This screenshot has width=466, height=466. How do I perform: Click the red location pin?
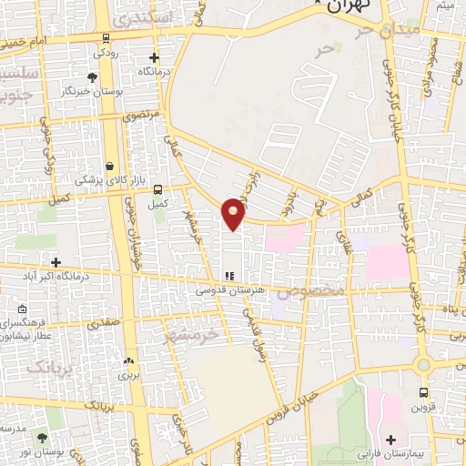[x=234, y=213]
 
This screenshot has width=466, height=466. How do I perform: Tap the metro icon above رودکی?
[x=107, y=38]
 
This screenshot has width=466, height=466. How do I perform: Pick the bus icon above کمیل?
[x=159, y=189]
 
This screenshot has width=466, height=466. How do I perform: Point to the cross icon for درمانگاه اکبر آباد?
[x=56, y=262]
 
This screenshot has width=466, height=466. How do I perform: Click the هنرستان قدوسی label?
[x=228, y=289]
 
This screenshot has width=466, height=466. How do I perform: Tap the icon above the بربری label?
[x=127, y=360]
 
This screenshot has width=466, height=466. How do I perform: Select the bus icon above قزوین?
[x=423, y=392]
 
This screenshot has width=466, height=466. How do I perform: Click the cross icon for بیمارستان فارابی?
[x=390, y=440]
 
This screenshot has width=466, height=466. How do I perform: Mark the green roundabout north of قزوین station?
[x=422, y=366]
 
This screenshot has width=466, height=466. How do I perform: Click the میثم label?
[x=445, y=6]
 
